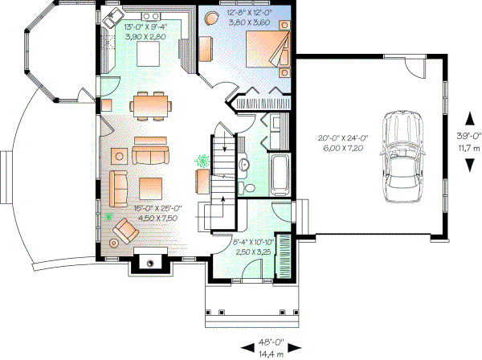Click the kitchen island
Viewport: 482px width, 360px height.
[149, 55]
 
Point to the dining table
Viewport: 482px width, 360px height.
[151, 104]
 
